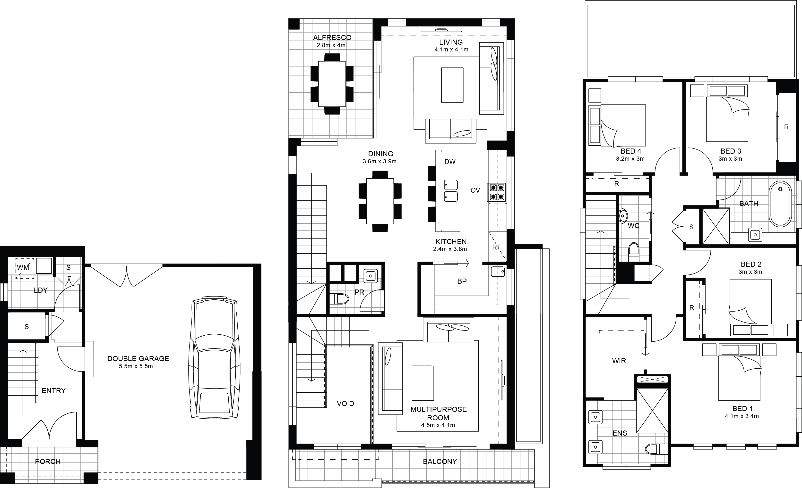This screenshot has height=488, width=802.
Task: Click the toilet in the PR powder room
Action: pyautogui.click(x=339, y=298)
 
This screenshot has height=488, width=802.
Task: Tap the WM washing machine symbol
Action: pyautogui.click(x=25, y=268)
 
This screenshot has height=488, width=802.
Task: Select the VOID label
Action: pyautogui.click(x=345, y=404)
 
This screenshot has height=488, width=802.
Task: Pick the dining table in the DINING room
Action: pyautogui.click(x=380, y=201)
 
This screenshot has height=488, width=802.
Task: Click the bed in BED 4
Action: pyautogui.click(x=617, y=125)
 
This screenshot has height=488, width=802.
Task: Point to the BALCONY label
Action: pyautogui.click(x=440, y=461)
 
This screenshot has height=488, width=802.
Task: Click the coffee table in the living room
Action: pyautogui.click(x=452, y=85)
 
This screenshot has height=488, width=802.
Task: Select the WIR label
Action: pyautogui.click(x=619, y=361)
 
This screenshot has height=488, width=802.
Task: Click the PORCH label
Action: pyautogui.click(x=48, y=461)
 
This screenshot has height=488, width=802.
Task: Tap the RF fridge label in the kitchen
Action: pyautogui.click(x=496, y=247)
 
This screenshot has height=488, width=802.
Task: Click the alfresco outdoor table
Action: pyautogui.click(x=332, y=84)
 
